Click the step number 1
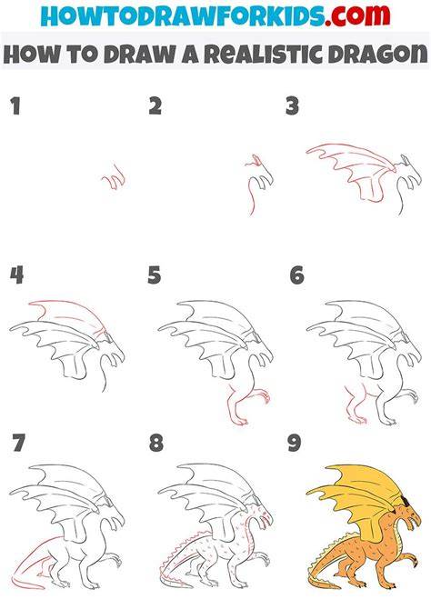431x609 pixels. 15,106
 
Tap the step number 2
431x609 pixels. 155,106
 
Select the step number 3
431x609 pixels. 292,106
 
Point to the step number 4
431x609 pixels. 16,275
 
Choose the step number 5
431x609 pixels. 154,275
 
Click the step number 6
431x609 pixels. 296,275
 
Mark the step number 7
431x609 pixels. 18,443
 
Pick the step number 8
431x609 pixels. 155,443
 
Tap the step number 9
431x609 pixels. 295,443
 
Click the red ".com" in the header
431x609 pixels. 357,15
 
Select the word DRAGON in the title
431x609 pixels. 377,54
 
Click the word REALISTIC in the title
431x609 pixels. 264,54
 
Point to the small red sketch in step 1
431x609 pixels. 115,177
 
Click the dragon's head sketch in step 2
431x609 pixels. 260,175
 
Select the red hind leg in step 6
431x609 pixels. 355,404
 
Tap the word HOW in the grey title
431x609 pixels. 32,54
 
